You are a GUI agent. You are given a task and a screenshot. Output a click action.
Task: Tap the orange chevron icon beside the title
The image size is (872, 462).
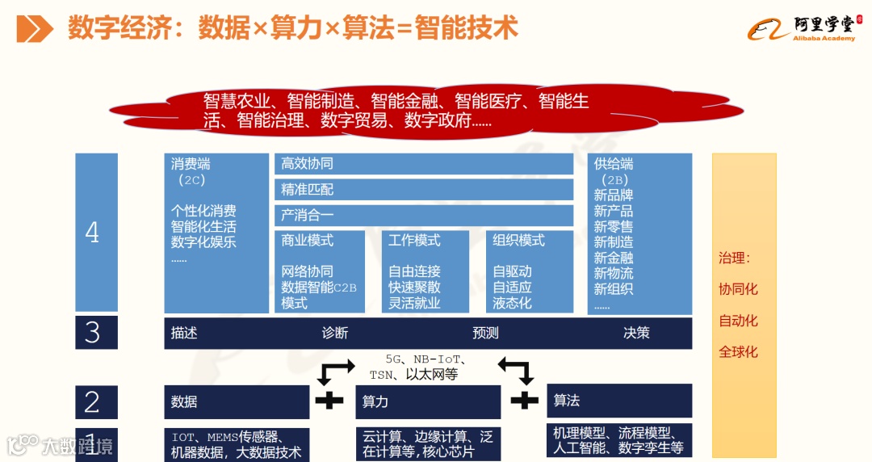tap(35, 29)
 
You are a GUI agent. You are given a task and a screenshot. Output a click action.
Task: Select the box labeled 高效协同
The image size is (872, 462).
tap(423, 164)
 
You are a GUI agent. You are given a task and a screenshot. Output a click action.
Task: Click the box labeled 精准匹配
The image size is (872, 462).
tap(423, 190)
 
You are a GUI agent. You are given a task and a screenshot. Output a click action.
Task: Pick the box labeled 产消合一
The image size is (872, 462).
tap(423, 216)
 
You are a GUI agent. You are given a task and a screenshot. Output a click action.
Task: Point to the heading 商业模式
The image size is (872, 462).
tap(307, 241)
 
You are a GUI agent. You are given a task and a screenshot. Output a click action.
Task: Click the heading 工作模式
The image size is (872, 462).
tap(414, 241)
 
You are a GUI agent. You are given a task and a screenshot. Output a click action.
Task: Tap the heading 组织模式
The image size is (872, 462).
tap(518, 241)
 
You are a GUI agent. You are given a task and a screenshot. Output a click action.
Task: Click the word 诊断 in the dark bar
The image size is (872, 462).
tap(334, 333)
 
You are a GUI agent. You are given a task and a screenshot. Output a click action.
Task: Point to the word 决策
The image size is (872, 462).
tap(636, 333)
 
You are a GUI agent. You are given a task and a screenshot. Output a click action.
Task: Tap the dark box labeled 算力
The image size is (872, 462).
tap(427, 401)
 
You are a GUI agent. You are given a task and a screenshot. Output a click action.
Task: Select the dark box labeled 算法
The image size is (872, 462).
tap(619, 400)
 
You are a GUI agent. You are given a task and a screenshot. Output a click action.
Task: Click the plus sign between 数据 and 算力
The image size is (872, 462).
tap(329, 399)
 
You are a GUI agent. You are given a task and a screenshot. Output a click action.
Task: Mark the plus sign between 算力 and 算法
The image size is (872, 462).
tap(524, 399)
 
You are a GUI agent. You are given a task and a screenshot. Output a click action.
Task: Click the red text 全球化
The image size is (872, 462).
tap(738, 352)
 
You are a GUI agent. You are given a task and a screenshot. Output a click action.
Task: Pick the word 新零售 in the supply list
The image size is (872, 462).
tap(614, 227)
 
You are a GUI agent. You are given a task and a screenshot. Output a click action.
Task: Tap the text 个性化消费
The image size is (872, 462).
tap(203, 211)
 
